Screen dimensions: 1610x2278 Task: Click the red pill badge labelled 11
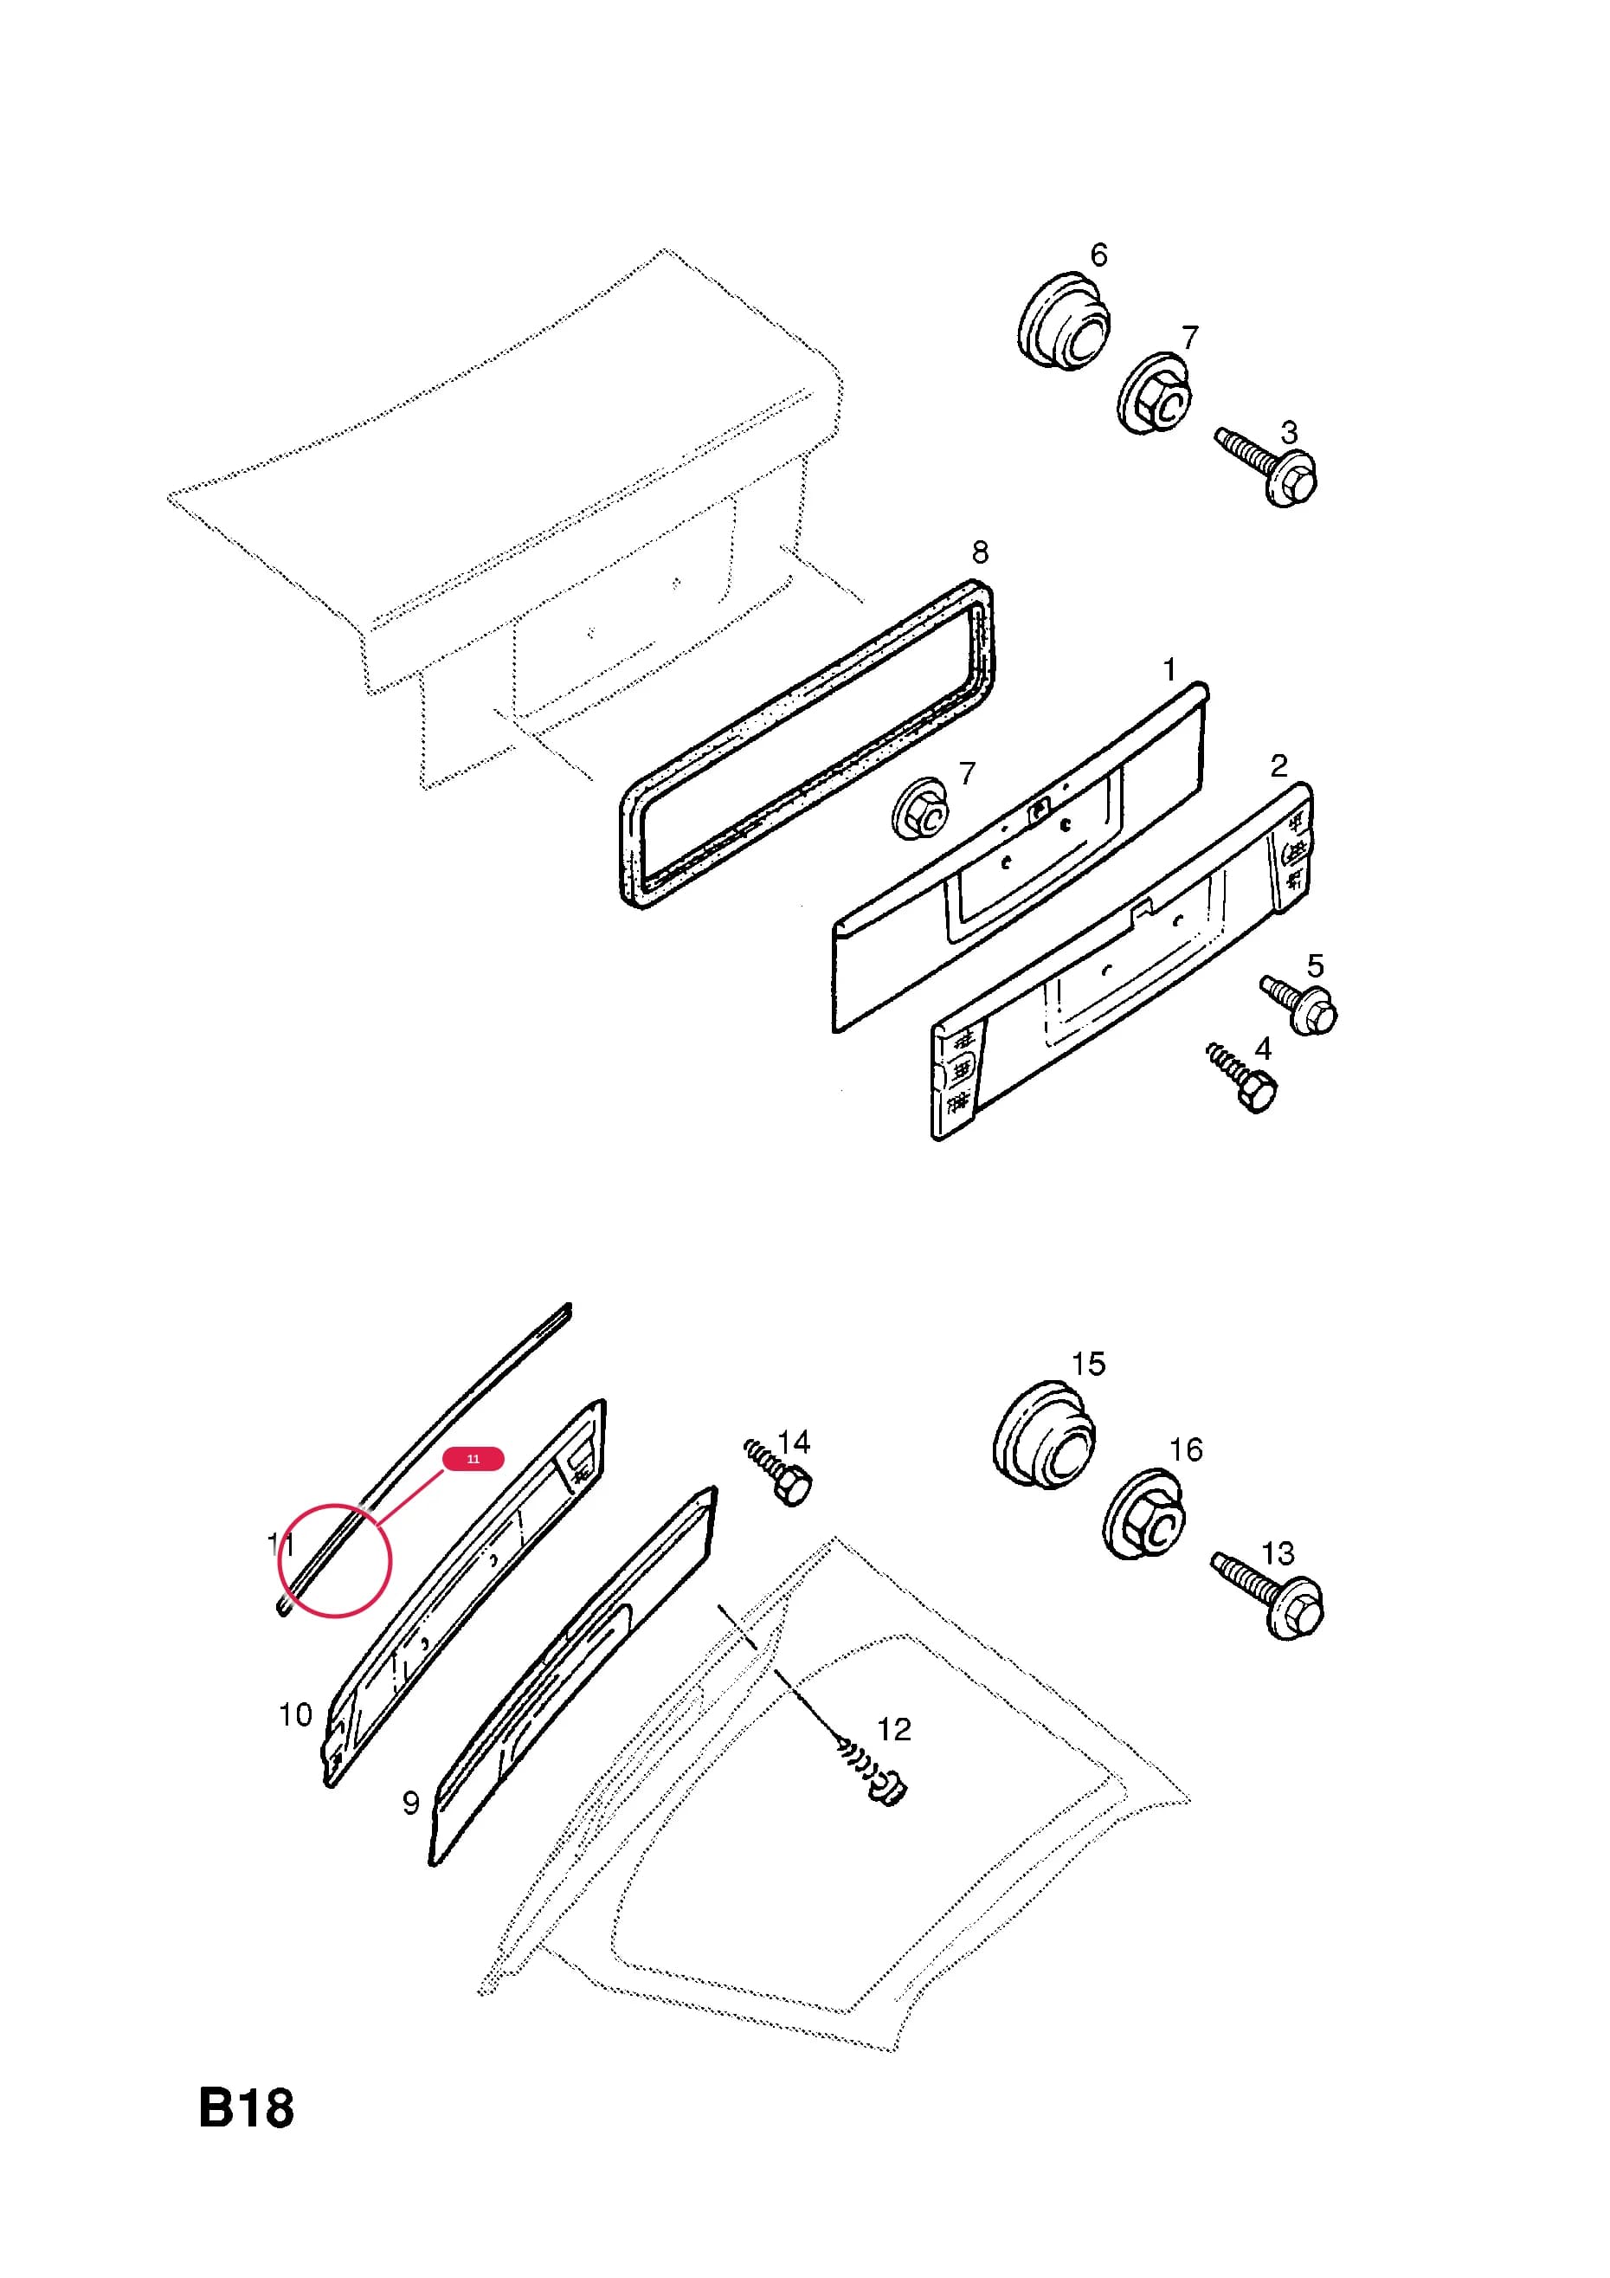click(473, 1458)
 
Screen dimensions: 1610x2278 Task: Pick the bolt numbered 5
click(1299, 1005)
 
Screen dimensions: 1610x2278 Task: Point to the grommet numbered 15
click(1045, 1433)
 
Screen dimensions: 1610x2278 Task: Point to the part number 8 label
click(980, 552)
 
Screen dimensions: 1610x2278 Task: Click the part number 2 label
click(1278, 765)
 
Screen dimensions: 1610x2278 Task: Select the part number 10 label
click(296, 1714)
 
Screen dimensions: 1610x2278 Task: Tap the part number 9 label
click(410, 1803)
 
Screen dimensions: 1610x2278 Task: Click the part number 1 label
click(1169, 669)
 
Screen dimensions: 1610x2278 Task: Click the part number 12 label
click(894, 1729)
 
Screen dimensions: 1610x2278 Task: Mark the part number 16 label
click(1186, 1450)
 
